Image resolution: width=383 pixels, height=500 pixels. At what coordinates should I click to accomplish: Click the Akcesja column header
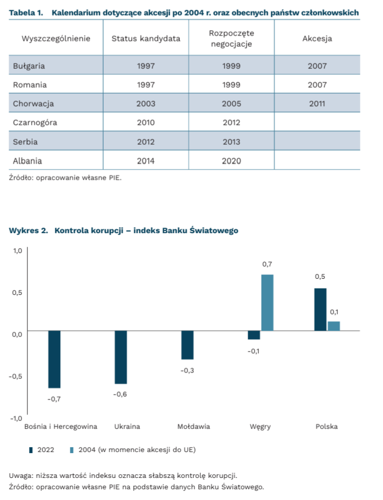(317, 39)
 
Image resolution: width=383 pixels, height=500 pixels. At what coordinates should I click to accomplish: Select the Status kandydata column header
(146, 39)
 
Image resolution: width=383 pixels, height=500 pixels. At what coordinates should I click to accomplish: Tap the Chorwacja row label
(33, 103)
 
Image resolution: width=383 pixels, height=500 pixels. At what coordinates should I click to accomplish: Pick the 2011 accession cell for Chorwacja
(317, 103)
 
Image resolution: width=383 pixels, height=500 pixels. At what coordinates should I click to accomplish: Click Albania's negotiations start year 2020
(232, 161)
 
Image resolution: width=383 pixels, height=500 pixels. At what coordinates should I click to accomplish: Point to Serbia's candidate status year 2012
(146, 142)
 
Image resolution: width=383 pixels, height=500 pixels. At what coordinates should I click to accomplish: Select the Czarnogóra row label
(35, 123)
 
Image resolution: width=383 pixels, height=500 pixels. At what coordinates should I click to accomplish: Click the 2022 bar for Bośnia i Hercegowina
(54, 359)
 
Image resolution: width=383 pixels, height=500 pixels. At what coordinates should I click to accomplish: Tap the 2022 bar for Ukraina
(121, 357)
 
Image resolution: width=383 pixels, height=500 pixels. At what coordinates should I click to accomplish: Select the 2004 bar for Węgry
(268, 302)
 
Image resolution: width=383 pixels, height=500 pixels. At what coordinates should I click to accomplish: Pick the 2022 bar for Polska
(320, 309)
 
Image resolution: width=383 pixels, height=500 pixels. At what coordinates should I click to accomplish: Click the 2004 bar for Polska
(334, 326)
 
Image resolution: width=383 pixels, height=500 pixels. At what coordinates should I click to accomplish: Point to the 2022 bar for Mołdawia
(187, 345)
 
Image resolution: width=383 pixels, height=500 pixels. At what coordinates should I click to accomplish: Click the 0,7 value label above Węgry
(267, 265)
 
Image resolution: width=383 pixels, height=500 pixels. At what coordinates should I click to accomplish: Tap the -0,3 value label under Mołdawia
(187, 370)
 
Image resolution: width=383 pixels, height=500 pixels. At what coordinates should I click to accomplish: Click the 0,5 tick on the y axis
(17, 292)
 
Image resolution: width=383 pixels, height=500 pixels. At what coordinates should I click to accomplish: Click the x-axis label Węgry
(261, 427)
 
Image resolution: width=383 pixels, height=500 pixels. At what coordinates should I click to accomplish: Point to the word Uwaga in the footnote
(20, 476)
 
